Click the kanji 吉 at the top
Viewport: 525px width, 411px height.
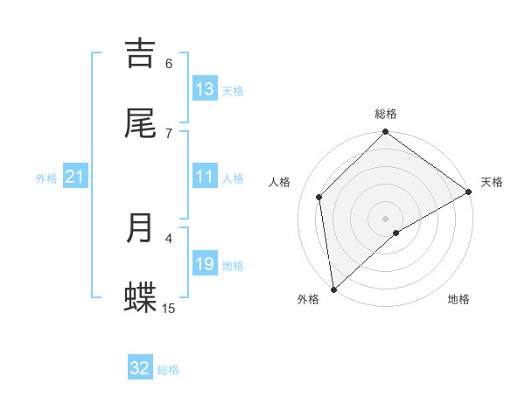[141, 53]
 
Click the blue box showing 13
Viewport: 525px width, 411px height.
[205, 89]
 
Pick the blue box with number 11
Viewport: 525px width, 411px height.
[205, 177]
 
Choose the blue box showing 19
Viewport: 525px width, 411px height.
[205, 264]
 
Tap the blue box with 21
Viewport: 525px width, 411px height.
[75, 177]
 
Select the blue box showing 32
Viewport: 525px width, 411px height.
[140, 368]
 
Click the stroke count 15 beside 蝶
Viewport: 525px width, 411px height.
[169, 308]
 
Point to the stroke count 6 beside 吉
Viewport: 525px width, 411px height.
[169, 63]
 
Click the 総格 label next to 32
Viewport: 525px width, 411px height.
[168, 370]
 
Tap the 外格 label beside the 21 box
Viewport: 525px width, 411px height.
[46, 178]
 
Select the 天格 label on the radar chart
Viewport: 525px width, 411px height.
[492, 182]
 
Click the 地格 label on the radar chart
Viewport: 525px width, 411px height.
[458, 300]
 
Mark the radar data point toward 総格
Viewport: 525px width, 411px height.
[385, 133]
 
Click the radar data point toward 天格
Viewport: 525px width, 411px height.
[469, 192]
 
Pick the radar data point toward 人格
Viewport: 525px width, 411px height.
[319, 197]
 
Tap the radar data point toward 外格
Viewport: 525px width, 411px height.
[333, 289]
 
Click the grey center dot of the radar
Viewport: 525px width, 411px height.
[385, 218]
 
